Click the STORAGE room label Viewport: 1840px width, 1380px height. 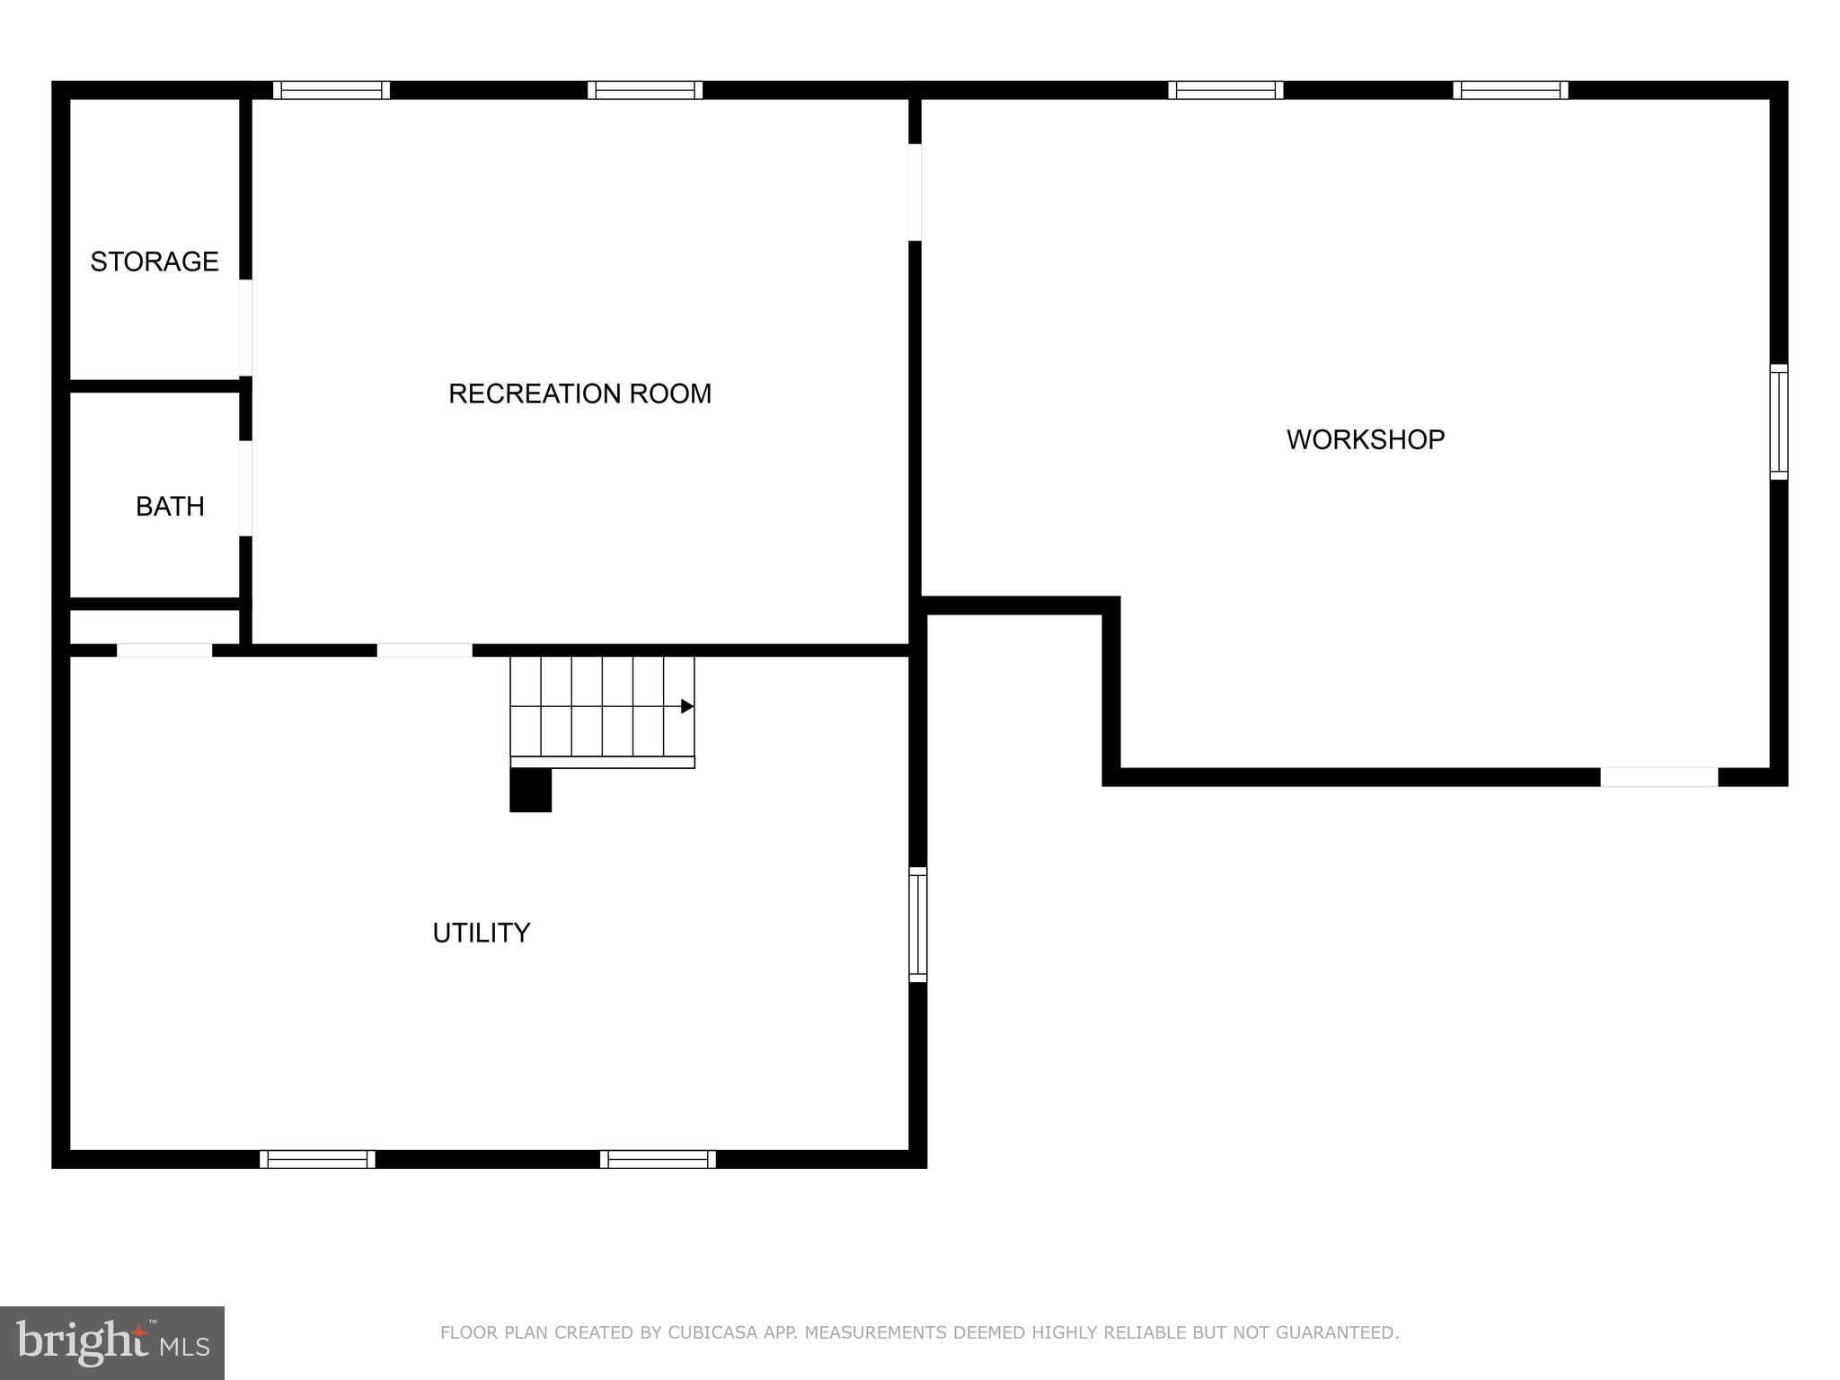point(155,261)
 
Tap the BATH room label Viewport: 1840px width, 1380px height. point(170,507)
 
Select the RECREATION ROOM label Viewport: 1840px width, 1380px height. point(579,394)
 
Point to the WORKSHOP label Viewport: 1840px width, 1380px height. point(1365,439)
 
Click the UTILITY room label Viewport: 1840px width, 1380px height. point(482,933)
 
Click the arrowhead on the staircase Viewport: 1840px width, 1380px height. point(687,706)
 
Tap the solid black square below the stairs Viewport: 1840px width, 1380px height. point(530,791)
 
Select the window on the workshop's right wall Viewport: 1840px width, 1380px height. point(1778,421)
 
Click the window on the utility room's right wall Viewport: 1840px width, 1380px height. point(917,924)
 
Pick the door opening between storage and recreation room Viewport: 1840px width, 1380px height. point(245,327)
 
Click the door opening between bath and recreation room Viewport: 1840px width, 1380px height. point(245,488)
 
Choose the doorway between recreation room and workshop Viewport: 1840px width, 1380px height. point(915,192)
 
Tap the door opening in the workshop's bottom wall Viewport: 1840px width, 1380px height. point(1659,777)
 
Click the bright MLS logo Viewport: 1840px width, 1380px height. point(112,1342)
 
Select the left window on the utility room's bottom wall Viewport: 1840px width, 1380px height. point(317,1159)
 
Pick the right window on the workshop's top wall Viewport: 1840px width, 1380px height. point(1510,90)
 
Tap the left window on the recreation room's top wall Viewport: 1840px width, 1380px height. point(332,90)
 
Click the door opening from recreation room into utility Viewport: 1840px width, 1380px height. point(424,650)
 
